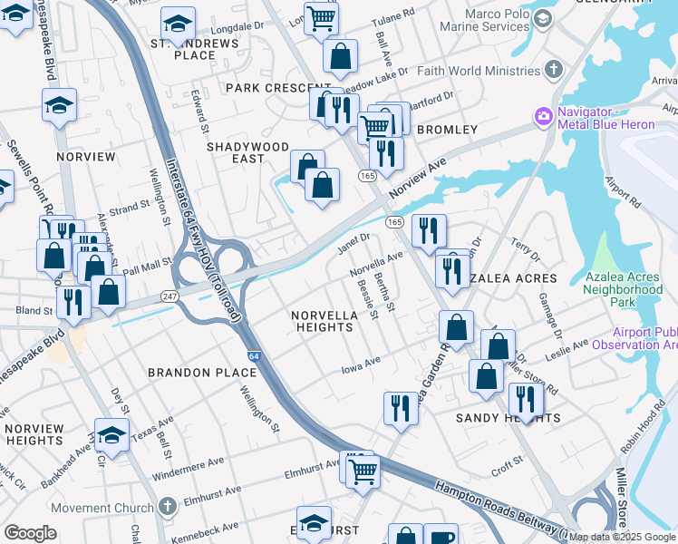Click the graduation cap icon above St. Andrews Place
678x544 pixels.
(178, 24)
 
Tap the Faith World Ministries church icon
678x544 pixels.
(554, 70)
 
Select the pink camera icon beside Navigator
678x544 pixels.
(544, 116)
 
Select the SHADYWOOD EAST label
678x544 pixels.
(247, 152)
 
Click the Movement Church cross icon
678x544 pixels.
(166, 506)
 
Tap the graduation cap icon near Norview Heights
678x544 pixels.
(111, 437)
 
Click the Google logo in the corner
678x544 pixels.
(30, 533)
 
